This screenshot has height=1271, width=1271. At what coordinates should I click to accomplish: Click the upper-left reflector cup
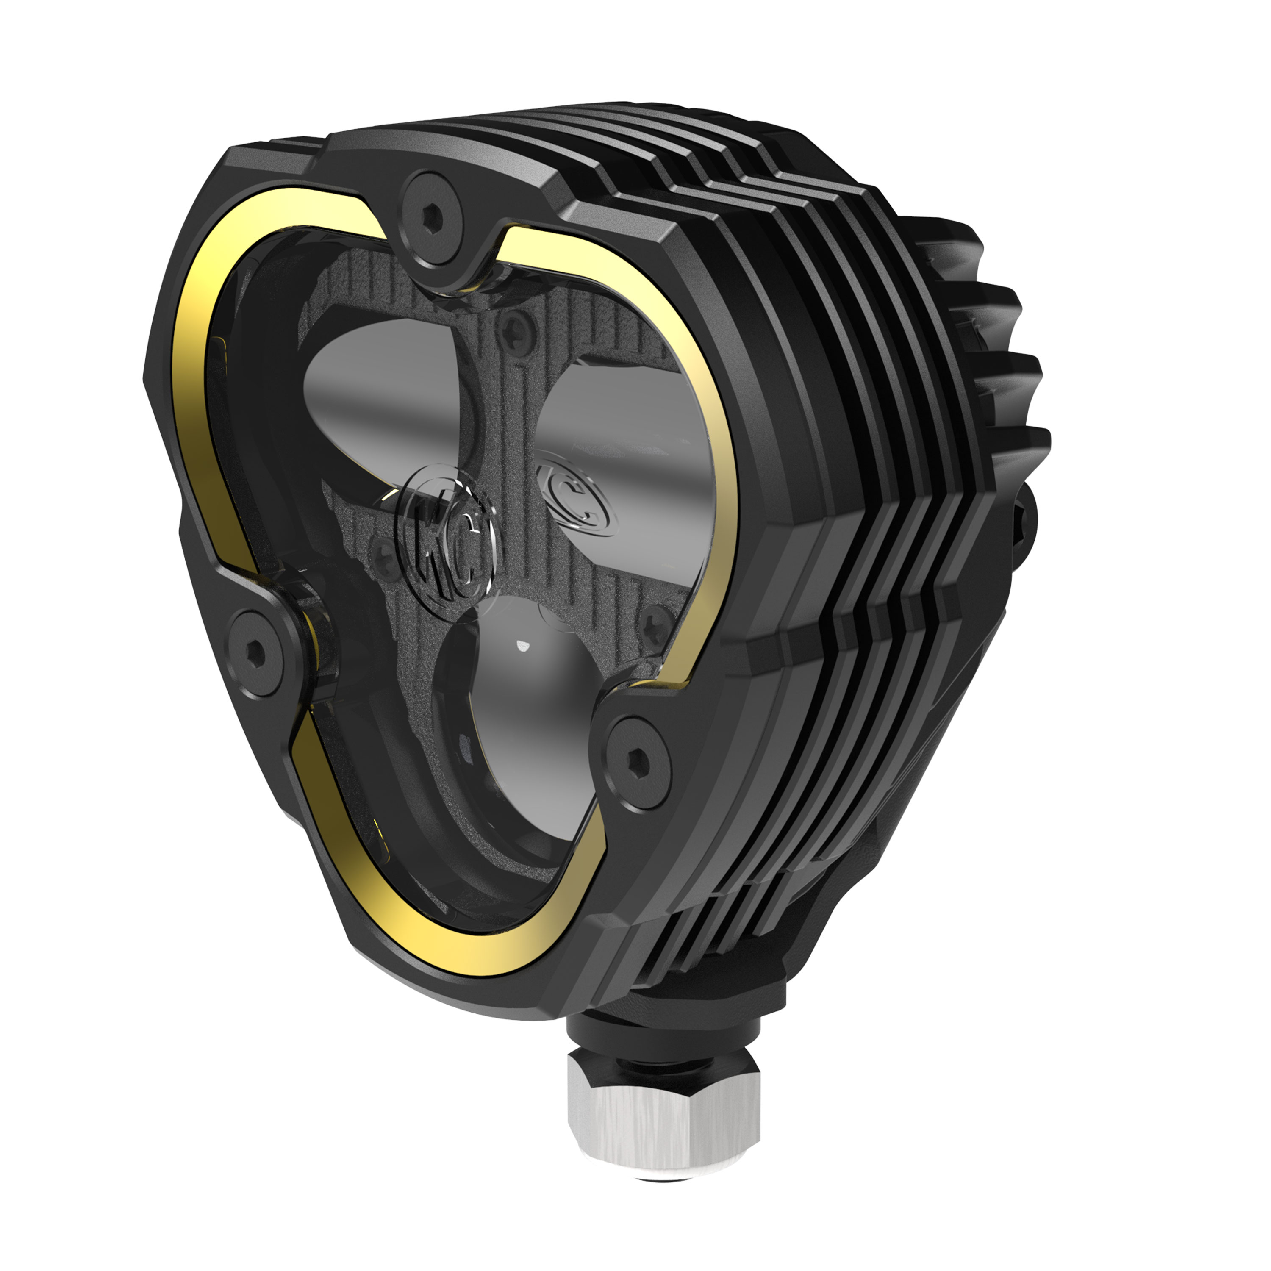pyautogui.click(x=388, y=388)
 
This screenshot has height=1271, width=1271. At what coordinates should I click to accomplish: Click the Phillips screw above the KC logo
pyautogui.click(x=514, y=332)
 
